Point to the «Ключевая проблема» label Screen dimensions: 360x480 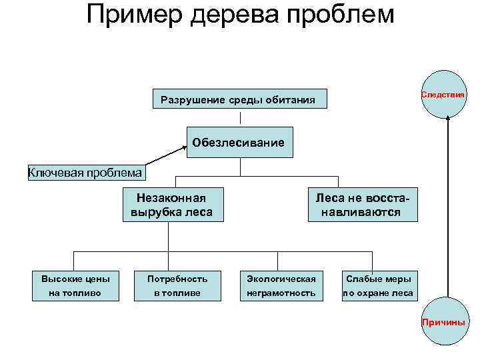(85, 173)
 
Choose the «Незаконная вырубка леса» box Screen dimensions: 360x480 (172, 205)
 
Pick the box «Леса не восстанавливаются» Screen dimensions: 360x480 (363, 205)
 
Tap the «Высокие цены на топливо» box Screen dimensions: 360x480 (75, 285)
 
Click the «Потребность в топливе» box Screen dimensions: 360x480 (177, 285)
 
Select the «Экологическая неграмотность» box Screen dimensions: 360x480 (281, 285)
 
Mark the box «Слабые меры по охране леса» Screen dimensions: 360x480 (378, 285)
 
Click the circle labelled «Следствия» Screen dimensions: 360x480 (443, 95)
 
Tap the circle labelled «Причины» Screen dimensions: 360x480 (443, 322)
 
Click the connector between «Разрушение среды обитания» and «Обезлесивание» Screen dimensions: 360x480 (240, 118)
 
